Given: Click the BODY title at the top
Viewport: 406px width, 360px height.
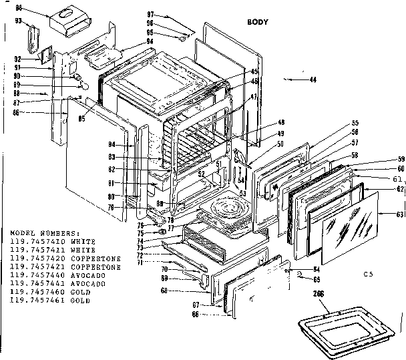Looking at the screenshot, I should point(257,21).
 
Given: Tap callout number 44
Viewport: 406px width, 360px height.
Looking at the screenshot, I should point(313,80).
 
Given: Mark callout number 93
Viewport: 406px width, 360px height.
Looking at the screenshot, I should point(19,20).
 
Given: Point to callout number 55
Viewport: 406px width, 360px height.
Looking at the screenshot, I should point(355,123).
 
